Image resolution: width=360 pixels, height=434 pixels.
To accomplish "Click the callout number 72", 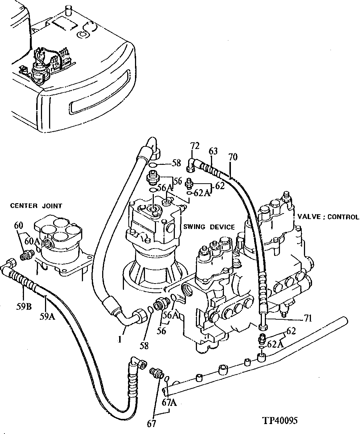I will point(195,146).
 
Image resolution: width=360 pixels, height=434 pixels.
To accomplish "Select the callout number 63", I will point(213,151).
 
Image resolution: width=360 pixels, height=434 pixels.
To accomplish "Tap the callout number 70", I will point(233,157).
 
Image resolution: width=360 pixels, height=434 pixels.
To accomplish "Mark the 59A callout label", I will point(48,316).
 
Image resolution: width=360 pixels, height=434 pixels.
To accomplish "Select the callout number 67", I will point(152,424).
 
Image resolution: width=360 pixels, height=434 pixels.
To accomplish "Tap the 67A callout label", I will point(170,403).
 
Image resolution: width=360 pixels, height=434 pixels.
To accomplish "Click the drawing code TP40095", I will point(280,421).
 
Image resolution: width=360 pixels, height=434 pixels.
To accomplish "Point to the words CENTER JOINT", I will point(37,206).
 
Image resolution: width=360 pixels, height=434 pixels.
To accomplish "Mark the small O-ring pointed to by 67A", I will point(167,379).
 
